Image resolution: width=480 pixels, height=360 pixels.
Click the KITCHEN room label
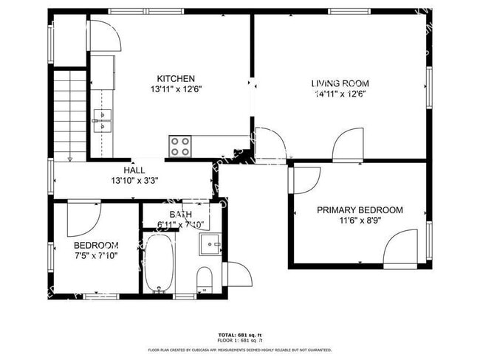click(x=176, y=78)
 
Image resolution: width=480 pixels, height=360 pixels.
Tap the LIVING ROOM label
click(x=340, y=83)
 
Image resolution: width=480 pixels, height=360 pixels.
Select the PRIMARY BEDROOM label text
click(x=360, y=210)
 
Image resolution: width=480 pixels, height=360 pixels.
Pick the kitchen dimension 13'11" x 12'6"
click(x=176, y=89)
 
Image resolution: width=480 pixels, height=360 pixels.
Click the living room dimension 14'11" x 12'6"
click(x=340, y=94)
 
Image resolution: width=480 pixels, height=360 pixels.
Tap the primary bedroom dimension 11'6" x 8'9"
click(x=360, y=221)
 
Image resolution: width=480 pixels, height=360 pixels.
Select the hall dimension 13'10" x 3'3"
click(x=134, y=179)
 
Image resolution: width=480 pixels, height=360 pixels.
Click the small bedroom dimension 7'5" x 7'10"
click(x=96, y=255)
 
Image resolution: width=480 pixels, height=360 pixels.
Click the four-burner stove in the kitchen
click(x=180, y=145)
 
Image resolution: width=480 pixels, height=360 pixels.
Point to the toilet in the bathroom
click(x=205, y=279)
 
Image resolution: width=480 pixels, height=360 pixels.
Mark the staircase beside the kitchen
click(x=69, y=114)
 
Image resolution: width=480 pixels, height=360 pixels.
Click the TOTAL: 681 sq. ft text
click(x=240, y=333)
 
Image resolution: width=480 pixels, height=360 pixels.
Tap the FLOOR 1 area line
click(x=240, y=340)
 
